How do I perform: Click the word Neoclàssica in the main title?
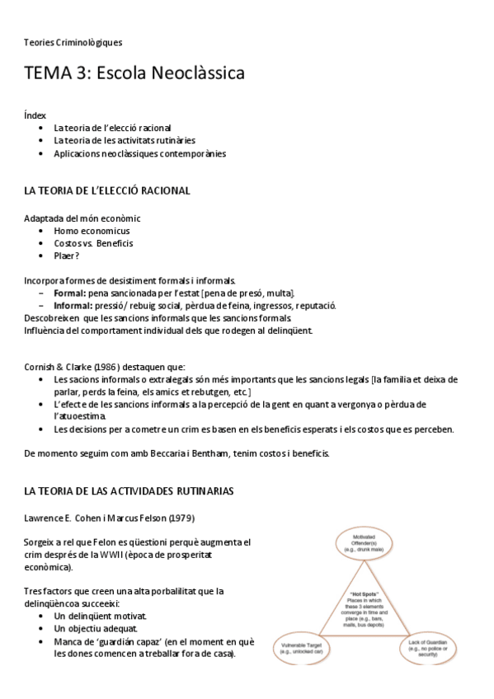(x=194, y=73)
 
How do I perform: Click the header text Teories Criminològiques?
(x=73, y=41)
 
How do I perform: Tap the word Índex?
(x=35, y=115)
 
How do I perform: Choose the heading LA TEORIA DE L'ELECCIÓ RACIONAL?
(x=107, y=190)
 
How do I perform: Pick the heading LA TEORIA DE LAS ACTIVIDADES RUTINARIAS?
(x=129, y=491)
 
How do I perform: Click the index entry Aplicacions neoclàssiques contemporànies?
(x=139, y=153)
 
